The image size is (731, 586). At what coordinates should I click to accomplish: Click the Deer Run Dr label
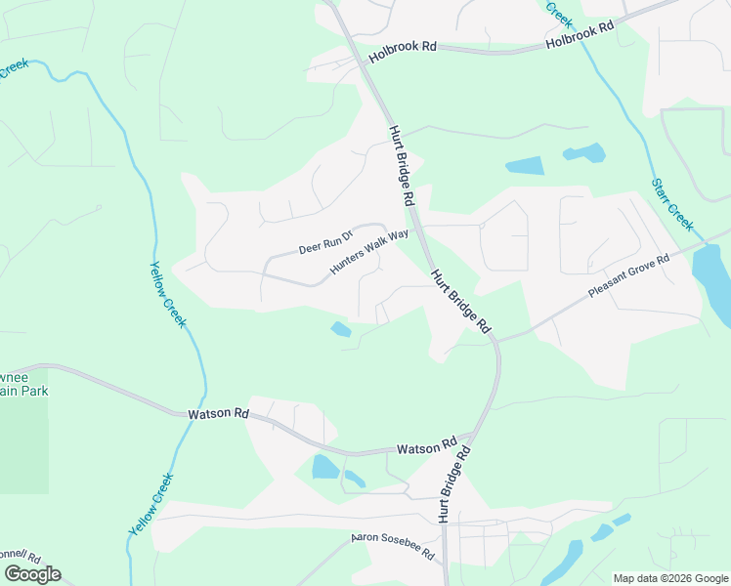324,241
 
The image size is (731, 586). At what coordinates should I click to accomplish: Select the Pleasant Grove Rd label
628,276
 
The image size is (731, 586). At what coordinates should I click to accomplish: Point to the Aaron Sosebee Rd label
393,546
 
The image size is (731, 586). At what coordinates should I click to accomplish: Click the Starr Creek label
672,206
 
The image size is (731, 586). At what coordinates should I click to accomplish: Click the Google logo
32,574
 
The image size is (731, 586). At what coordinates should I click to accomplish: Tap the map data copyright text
670,578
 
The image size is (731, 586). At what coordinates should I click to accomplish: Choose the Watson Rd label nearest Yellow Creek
218,414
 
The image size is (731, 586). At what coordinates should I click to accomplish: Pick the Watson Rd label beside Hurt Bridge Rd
427,446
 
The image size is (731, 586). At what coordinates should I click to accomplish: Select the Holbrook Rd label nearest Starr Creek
580,36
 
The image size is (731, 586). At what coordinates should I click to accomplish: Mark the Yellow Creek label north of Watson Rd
167,294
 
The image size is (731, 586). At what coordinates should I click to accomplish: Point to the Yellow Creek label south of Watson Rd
150,503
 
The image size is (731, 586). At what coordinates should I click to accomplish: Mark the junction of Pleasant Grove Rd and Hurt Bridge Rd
496,339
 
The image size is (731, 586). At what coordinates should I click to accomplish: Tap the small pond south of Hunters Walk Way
341,330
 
